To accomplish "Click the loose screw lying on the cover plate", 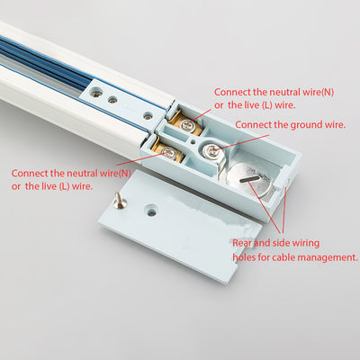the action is coord(119,201).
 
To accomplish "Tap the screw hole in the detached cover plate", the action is coord(152,211).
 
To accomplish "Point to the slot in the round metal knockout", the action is coord(249,179).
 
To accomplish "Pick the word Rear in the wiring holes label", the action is coord(242,243).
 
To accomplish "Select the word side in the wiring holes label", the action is coord(281,243).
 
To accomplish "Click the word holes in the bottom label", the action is coord(243,257).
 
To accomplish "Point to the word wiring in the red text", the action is coord(306,243).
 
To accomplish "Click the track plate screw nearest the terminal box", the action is coord(148,116).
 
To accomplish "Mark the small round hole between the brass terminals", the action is coord(193,139).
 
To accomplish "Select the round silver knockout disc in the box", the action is coord(249,180).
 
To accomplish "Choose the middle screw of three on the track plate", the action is coord(112,99).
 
